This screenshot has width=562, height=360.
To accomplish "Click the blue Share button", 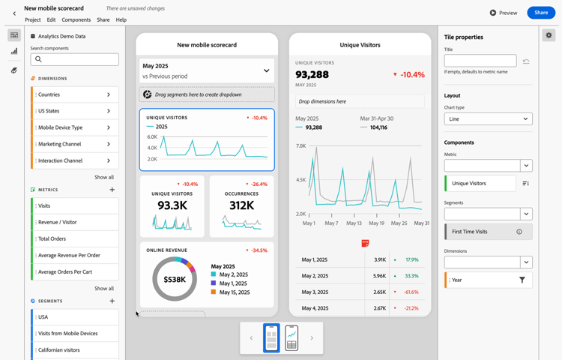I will tap(541, 13).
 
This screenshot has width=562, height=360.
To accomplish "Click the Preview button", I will tap(504, 13).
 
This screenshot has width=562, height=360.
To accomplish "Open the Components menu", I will tap(76, 19).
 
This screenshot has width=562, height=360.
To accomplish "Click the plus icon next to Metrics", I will tap(112, 190).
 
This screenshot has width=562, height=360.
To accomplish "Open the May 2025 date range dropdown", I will tap(206, 70).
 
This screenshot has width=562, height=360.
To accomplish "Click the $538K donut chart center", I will tap(175, 280).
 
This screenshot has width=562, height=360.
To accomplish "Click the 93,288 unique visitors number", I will tap(312, 74).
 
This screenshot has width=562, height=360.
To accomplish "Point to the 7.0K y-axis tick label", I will tap(300, 146).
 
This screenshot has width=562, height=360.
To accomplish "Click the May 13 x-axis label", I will tap(354, 223).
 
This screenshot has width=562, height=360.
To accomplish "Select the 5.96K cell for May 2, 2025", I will tap(379, 275).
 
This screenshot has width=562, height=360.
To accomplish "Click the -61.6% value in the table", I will tap(411, 292).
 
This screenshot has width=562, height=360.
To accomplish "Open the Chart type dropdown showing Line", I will tap(488, 118).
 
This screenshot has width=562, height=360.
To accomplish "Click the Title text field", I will tap(480, 61).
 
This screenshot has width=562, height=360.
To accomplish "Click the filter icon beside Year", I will tap(522, 280).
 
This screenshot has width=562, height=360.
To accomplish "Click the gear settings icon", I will tap(549, 35).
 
